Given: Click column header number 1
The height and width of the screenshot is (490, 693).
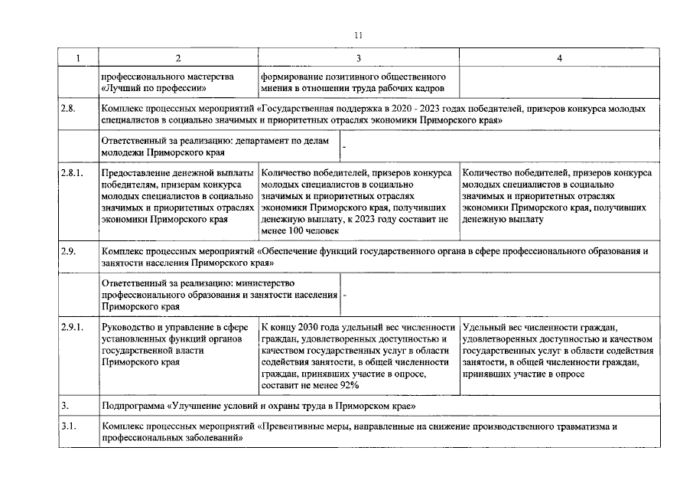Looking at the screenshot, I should [77, 59].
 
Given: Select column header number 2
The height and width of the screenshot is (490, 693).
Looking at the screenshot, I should [178, 59].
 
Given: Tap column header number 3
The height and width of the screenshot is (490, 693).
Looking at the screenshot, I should [358, 59].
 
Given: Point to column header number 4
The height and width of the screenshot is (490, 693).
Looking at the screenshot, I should [559, 59].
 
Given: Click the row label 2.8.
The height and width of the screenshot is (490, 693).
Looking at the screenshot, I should [68, 109].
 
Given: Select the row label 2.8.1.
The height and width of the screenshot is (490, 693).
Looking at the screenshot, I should [71, 173].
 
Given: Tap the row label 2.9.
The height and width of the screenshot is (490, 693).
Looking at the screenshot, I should [68, 250].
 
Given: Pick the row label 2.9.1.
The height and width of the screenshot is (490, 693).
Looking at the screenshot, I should [71, 327].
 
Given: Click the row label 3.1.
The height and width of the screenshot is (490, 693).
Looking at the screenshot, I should [68, 426].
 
